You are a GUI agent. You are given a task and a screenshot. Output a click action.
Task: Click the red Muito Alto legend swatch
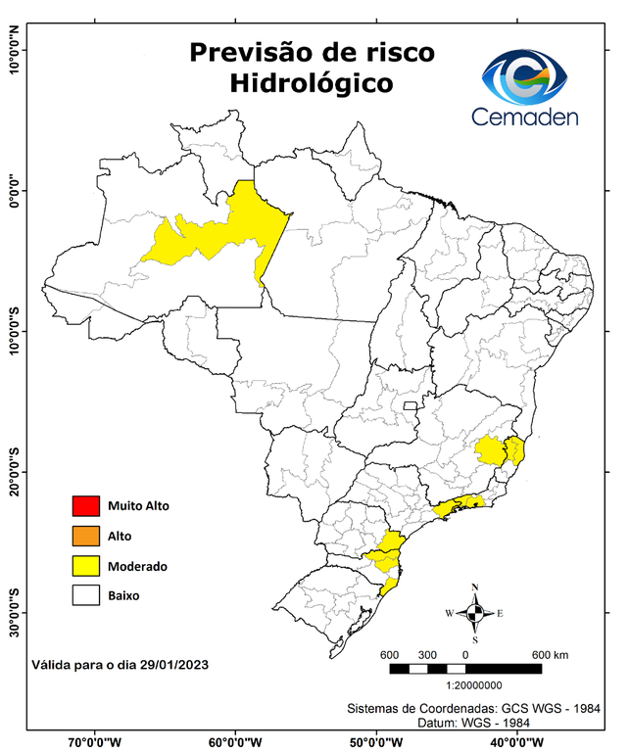[x=86, y=506]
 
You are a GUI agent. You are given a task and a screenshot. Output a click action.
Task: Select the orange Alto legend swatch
[x=86, y=536]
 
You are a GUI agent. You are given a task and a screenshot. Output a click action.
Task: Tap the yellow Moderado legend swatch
[x=86, y=565]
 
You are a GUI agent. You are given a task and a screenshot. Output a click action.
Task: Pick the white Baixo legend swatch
[x=86, y=594]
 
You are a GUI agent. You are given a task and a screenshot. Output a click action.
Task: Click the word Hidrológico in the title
[x=312, y=84]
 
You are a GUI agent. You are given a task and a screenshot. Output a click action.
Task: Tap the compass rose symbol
[x=474, y=614]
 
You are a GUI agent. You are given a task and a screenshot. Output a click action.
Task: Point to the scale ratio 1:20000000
[x=475, y=686]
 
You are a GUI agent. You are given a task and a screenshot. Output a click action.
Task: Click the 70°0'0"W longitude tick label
[x=94, y=741]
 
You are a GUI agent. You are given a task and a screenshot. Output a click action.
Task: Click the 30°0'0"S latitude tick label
[x=14, y=613]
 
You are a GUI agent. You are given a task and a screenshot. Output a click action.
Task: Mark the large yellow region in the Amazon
[x=220, y=233]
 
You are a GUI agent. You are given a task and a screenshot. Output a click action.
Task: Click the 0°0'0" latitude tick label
[x=14, y=190]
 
